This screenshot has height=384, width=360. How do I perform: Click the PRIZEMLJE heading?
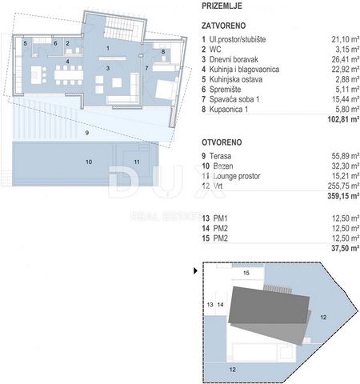point(222,6)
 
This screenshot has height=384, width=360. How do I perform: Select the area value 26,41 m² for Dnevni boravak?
point(346,59)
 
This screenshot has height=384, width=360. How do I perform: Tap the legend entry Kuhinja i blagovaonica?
point(244,70)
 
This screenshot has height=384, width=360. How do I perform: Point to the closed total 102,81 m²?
point(343,119)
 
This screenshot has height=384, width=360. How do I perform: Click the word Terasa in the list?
point(220,156)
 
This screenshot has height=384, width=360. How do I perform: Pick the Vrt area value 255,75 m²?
point(343,186)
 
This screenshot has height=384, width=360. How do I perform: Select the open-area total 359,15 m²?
point(343,196)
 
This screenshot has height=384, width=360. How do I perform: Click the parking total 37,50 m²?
point(346,248)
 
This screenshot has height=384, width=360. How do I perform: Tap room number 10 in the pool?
point(89,162)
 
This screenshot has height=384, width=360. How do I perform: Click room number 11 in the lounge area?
point(137,162)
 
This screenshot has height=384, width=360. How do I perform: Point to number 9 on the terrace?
point(87,133)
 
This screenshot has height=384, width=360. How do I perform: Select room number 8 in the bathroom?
point(163,52)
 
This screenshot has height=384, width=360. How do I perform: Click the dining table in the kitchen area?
point(69,75)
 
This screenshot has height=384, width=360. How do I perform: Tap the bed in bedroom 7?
point(166,89)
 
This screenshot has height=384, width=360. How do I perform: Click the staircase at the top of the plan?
point(121,27)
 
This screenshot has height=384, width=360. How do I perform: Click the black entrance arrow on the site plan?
point(195,271)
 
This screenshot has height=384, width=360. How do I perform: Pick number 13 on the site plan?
point(210,305)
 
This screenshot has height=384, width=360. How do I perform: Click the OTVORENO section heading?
point(222,142)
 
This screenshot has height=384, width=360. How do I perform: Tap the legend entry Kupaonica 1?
point(229,110)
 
